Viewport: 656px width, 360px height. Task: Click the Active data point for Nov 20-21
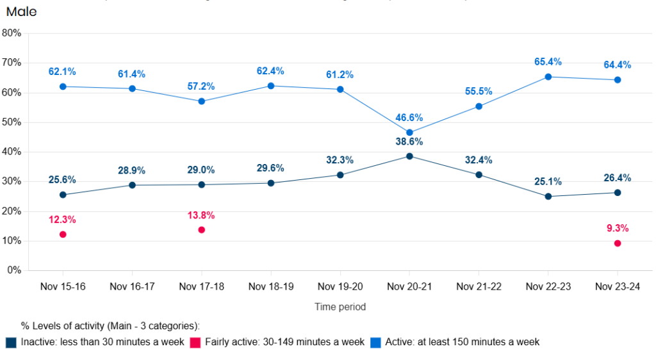[409, 133]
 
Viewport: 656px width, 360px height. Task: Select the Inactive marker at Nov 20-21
[409, 156]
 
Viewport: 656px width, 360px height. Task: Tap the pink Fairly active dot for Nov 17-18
[201, 229]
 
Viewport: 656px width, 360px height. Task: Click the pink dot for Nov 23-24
[618, 243]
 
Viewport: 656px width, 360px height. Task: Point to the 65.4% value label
[548, 62]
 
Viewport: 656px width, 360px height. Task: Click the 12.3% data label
[62, 220]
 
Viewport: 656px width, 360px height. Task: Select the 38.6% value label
[409, 142]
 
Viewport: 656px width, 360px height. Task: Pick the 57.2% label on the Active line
[201, 86]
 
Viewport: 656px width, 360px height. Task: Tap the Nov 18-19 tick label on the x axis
[270, 286]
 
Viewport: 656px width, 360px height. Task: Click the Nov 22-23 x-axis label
[548, 286]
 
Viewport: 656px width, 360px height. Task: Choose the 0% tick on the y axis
[14, 271]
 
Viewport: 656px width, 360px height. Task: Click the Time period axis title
[340, 307]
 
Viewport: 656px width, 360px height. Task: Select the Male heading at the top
[21, 12]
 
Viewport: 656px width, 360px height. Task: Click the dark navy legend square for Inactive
[11, 342]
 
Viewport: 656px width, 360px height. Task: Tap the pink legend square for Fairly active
[195, 342]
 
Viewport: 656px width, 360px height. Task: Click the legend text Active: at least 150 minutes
[462, 342]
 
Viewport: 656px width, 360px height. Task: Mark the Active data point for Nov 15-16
[63, 86]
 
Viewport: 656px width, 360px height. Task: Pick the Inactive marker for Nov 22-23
[548, 197]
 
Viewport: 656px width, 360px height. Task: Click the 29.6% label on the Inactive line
[270, 168]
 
